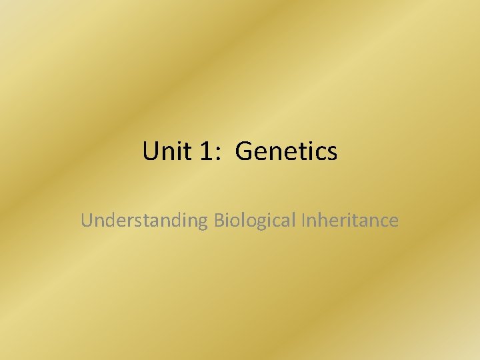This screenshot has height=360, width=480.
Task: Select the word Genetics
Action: click(287, 152)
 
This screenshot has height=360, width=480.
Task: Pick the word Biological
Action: click(255, 221)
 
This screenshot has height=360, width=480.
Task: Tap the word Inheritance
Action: click(349, 220)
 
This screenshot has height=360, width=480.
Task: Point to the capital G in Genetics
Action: click(243, 152)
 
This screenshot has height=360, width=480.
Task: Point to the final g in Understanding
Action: click(203, 223)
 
